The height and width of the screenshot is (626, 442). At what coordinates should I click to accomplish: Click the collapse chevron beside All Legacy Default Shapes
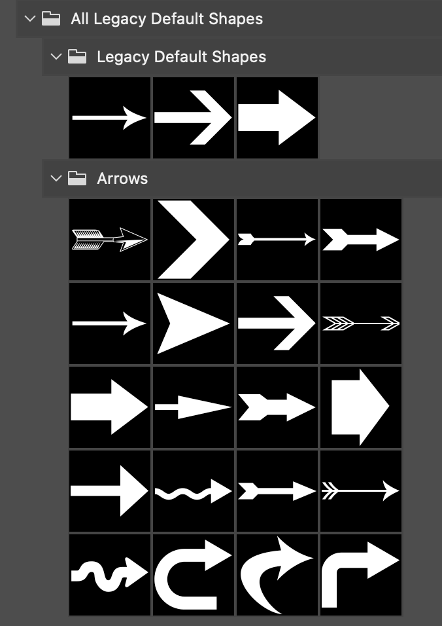click(x=30, y=18)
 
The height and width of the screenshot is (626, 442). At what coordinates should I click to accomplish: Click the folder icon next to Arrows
click(x=77, y=178)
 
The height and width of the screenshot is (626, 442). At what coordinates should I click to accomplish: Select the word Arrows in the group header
click(x=122, y=179)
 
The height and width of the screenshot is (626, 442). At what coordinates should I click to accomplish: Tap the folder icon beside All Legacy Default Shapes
click(x=51, y=18)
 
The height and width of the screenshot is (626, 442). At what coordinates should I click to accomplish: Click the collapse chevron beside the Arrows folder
click(x=56, y=178)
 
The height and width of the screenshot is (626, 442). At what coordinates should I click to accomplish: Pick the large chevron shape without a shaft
click(x=194, y=240)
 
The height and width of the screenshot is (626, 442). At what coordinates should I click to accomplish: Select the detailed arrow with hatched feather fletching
click(x=110, y=240)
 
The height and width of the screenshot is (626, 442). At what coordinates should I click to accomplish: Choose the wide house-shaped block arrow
click(x=360, y=407)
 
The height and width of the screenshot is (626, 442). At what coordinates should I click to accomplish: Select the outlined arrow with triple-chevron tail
click(x=361, y=323)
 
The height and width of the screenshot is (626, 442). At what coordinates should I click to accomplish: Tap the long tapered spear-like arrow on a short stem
click(x=194, y=407)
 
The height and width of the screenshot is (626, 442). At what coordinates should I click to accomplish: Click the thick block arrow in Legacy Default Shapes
click(x=277, y=118)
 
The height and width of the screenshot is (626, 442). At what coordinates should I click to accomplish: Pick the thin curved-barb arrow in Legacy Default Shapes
click(x=110, y=118)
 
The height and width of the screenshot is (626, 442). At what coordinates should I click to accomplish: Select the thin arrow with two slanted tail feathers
click(x=361, y=491)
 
